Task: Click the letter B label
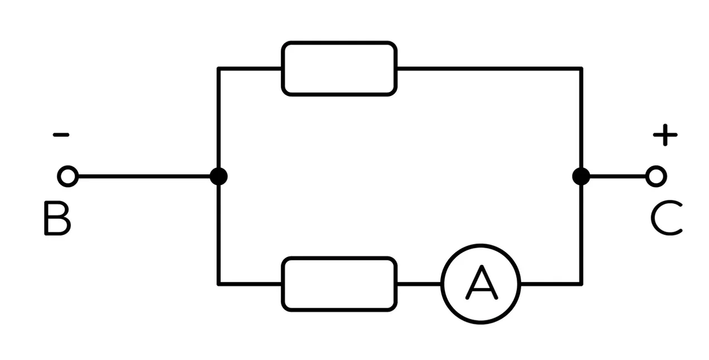pos(57,218)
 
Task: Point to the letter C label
pos(666,218)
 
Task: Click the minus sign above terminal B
pos(61,135)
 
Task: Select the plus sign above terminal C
pos(665,135)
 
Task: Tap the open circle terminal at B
pos(68,176)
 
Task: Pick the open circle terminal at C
pos(656,176)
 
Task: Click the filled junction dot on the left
pos(218,176)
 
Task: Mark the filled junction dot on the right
pos(581,176)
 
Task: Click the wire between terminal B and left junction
pos(144,176)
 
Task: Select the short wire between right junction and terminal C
pos(618,176)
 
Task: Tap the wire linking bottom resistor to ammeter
pos(419,284)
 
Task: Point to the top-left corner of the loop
pos(218,69)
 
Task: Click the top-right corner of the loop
pos(581,69)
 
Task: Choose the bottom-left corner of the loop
pos(218,284)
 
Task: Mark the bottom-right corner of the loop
pos(581,284)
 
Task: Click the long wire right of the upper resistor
pos(489,69)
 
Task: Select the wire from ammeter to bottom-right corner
pos(551,284)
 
